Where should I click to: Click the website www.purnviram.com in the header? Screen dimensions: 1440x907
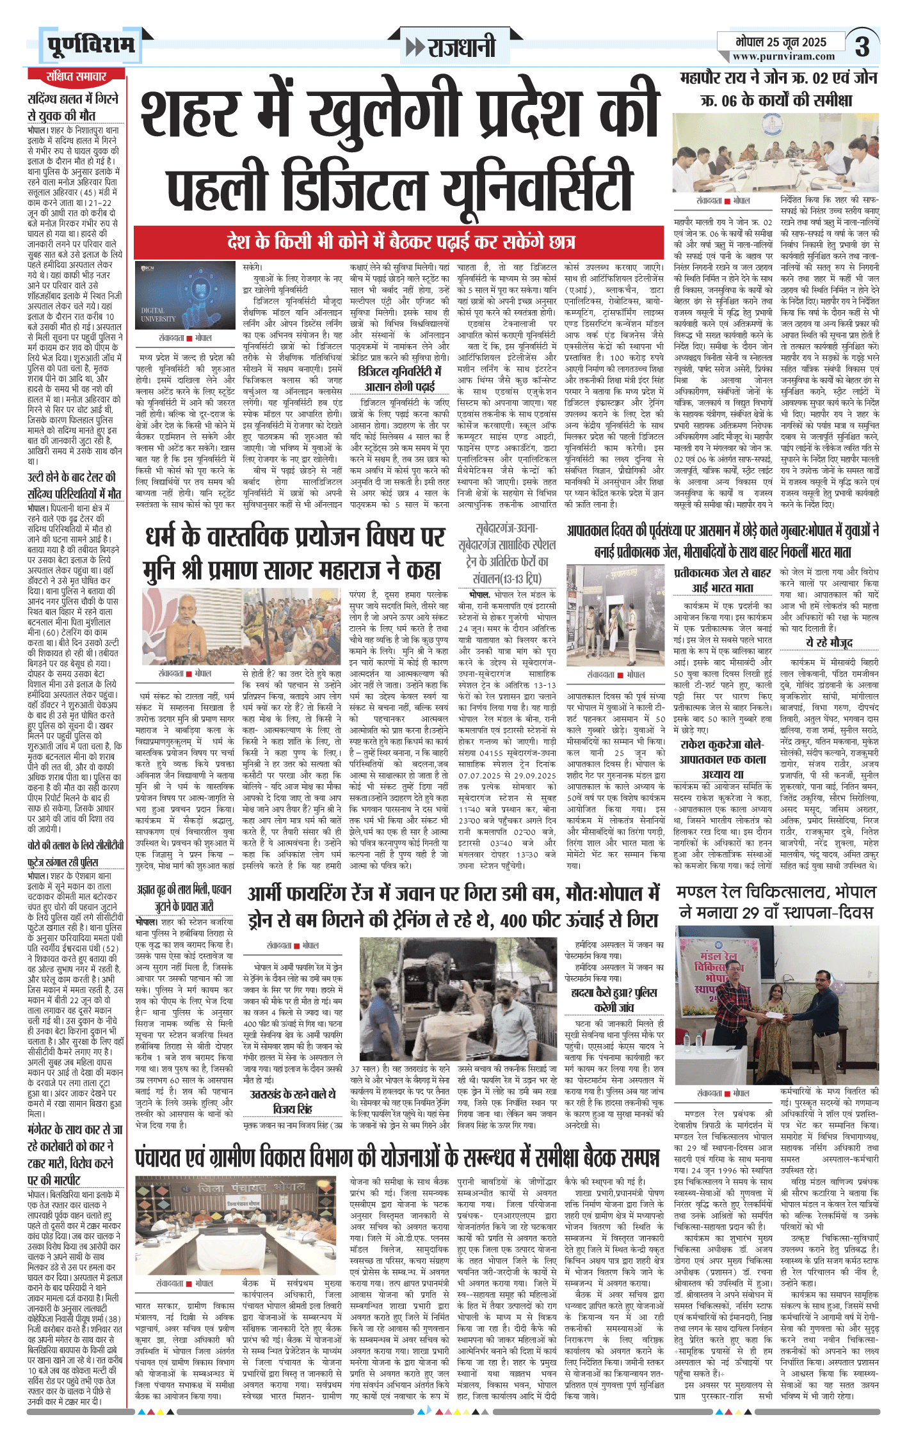pyautogui.click(x=783, y=56)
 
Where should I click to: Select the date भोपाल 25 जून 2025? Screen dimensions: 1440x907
pyautogui.click(x=781, y=42)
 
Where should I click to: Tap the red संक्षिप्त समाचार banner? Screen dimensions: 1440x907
pyautogui.click(x=76, y=77)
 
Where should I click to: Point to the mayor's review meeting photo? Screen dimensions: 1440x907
pyautogui.click(x=775, y=152)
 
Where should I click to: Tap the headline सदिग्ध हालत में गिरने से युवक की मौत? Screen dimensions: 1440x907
pyautogui.click(x=73, y=107)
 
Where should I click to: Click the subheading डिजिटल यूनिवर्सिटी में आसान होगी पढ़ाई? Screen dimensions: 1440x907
pyautogui.click(x=399, y=379)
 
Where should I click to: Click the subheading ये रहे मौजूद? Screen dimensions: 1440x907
pyautogui.click(x=829, y=642)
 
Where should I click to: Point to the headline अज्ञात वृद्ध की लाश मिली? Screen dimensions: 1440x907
pyautogui.click(x=184, y=898)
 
